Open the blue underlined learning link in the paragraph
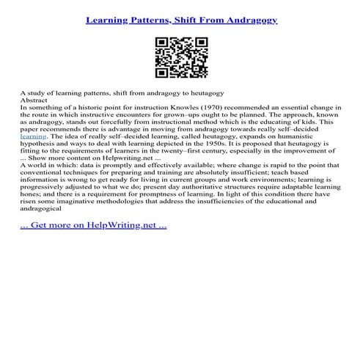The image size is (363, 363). click(x=34, y=144)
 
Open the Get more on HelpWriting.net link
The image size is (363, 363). click(x=94, y=245)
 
